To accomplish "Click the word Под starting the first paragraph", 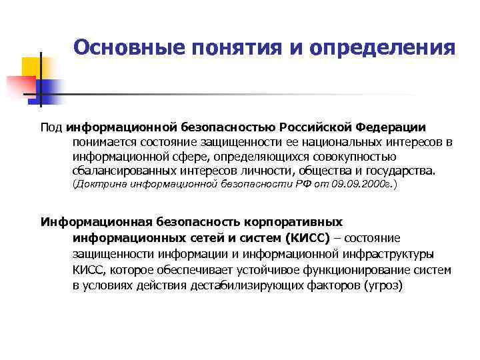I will click(51, 127).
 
